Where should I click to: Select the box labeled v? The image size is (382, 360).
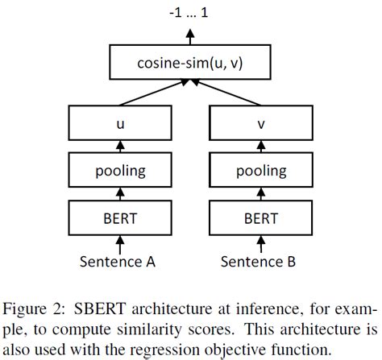(260, 126)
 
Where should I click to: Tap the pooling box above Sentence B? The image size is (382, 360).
(260, 171)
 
